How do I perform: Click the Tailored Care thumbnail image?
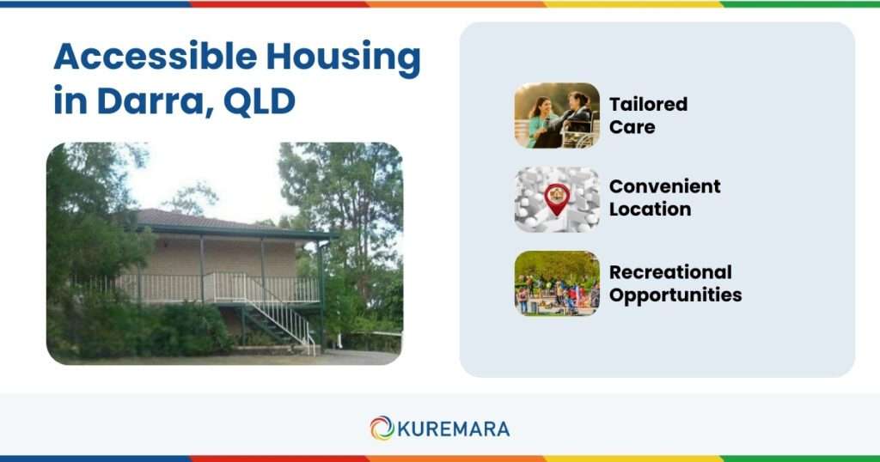point(557,115)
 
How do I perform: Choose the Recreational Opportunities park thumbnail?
point(557,283)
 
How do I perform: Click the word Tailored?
point(648,104)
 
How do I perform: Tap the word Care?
point(632,127)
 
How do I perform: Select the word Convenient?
point(664,186)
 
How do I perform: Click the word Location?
point(650,209)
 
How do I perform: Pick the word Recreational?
point(670,272)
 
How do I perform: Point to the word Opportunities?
point(675,295)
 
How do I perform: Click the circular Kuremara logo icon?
point(382,428)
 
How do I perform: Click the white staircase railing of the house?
point(284,318)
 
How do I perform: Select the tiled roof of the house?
point(198,218)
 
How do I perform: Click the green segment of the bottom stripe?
point(799,459)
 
